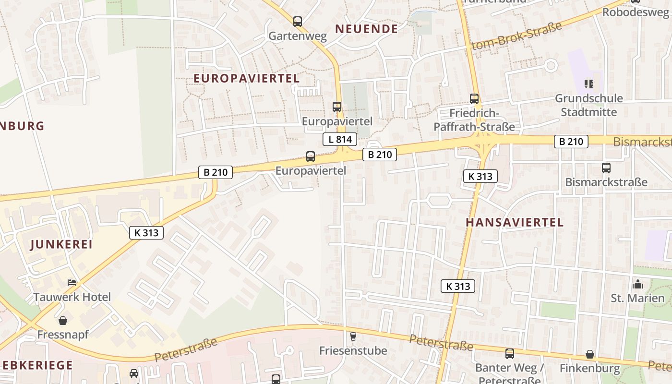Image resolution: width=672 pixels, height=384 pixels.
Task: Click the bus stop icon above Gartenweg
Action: tap(298, 21)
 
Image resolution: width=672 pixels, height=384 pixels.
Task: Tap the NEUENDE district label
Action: tap(367, 29)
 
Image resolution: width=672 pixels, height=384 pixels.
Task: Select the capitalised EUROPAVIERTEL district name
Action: tap(246, 78)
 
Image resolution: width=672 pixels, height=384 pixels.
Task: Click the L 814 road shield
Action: tap(340, 140)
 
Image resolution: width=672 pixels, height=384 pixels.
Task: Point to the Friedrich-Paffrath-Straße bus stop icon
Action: tap(474, 99)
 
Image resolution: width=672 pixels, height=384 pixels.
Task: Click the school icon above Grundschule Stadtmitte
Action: tap(589, 84)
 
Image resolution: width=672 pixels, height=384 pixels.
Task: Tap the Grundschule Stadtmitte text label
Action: tap(589, 105)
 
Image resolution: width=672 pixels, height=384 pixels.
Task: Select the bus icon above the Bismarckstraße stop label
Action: tap(606, 168)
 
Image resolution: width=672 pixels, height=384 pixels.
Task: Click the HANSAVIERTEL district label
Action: tap(515, 222)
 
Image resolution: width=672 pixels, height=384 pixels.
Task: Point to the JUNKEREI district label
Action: tap(61, 244)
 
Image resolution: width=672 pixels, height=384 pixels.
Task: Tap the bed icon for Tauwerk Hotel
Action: tap(72, 282)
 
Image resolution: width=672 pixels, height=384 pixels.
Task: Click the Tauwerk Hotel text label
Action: tap(72, 297)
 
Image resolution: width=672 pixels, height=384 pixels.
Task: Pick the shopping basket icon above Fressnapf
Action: tap(63, 320)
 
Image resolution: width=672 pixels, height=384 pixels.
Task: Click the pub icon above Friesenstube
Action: tap(353, 336)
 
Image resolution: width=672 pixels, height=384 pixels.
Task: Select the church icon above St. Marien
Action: tap(638, 284)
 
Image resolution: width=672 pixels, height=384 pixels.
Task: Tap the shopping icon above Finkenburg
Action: tap(590, 355)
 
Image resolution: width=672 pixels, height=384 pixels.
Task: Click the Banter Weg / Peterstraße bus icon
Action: tap(510, 354)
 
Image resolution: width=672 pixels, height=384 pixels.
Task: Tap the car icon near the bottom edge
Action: tap(134, 373)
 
